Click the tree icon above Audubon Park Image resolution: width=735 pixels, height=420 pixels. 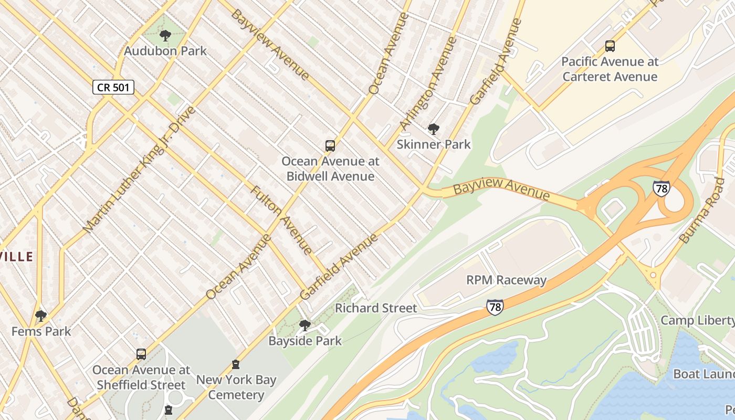(x=165, y=36)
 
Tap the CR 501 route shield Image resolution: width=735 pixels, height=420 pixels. (x=113, y=87)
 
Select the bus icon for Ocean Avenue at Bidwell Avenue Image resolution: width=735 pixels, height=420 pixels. (x=330, y=146)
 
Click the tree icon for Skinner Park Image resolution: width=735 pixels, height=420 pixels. (x=433, y=129)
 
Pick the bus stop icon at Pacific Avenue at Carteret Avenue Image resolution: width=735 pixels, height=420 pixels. (x=610, y=46)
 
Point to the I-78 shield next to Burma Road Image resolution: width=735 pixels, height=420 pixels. (x=661, y=188)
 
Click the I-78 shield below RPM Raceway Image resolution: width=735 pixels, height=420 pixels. (x=495, y=307)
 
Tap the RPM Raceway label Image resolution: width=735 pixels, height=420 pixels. (x=506, y=280)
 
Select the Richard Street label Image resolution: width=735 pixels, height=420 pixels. (x=376, y=308)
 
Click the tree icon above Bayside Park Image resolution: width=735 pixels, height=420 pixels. (x=304, y=325)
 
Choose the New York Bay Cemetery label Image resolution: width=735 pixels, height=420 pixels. (x=236, y=387)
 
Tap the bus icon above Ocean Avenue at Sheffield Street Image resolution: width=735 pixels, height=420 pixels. (x=141, y=354)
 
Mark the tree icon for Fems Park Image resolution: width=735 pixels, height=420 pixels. (x=41, y=316)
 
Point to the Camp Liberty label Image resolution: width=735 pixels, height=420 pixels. (x=697, y=320)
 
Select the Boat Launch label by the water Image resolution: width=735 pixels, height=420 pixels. (x=703, y=374)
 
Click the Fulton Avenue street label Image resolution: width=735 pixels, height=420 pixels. (x=281, y=219)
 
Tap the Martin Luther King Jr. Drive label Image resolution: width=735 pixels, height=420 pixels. (x=139, y=169)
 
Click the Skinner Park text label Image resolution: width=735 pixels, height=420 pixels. (x=434, y=144)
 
